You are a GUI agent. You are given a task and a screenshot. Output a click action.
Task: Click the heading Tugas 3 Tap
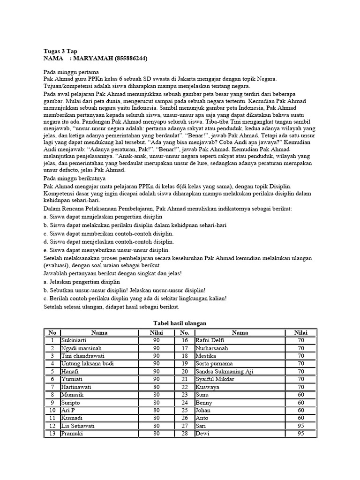60,51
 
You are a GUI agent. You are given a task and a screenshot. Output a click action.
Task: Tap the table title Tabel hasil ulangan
180,323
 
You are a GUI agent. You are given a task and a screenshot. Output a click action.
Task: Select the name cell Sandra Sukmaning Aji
224,371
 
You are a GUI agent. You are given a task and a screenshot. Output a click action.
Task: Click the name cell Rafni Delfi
210,340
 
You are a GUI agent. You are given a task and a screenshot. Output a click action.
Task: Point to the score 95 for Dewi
300,434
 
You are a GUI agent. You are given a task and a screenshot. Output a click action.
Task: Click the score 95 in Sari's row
300,426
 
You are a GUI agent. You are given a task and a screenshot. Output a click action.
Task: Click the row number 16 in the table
184,340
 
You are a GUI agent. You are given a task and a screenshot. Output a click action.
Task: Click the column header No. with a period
184,332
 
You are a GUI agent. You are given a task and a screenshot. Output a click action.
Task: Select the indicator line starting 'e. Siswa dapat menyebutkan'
106,250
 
